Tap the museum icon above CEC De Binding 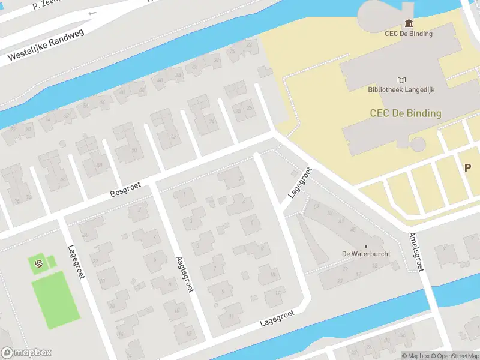[409, 23]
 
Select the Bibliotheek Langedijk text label [401, 90]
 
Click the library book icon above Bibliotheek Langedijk [401, 80]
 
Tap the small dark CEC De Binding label [409, 34]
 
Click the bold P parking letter [467, 168]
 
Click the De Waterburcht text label [366, 254]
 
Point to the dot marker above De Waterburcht [366, 245]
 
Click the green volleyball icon [38, 263]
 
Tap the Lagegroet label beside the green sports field [74, 260]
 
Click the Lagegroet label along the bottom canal [277, 318]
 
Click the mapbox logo [26, 353]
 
